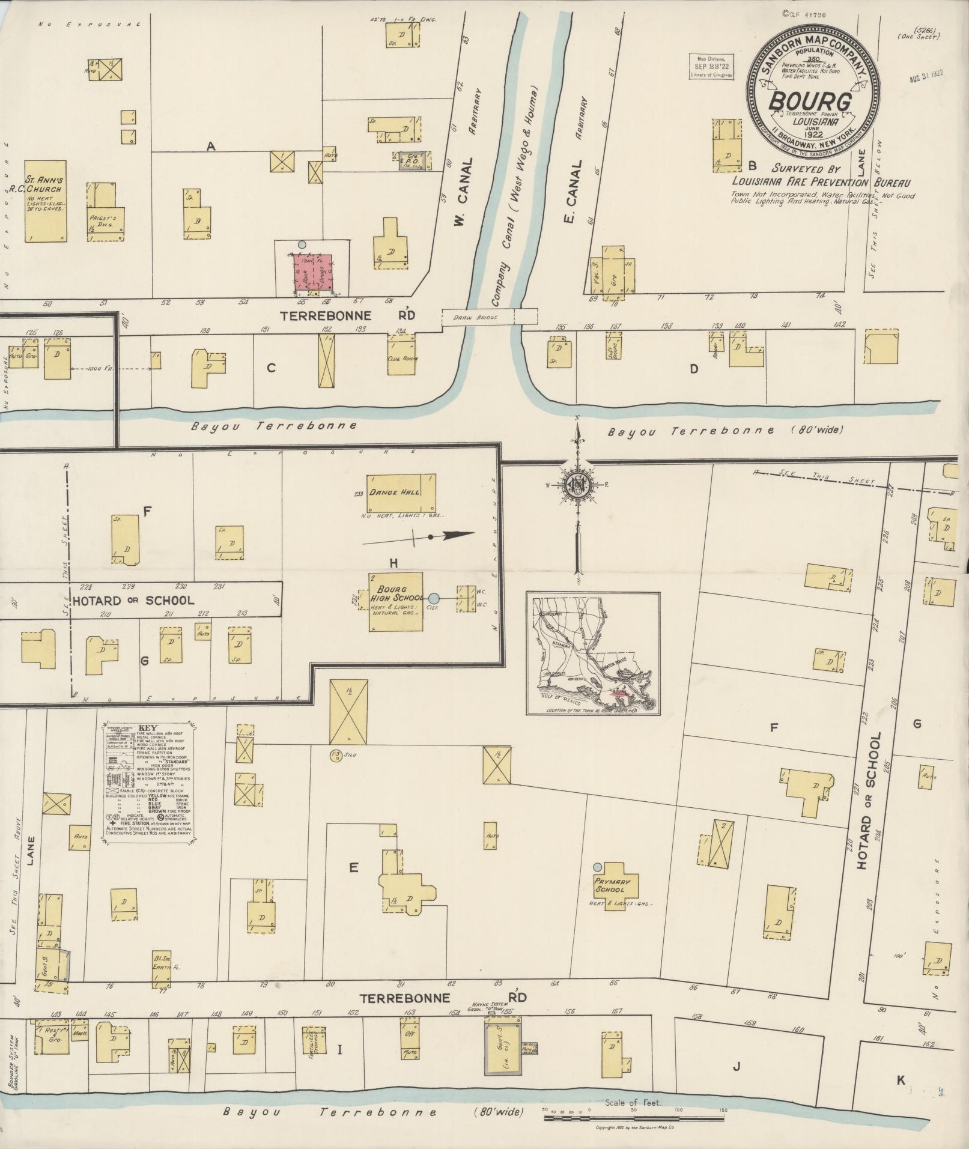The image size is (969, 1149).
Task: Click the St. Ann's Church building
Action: point(45,201)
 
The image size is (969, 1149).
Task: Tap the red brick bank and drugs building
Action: point(312,273)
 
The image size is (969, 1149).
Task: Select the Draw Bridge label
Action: point(484,317)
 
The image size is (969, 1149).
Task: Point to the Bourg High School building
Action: point(395,601)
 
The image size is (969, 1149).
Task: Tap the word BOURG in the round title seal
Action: point(811,102)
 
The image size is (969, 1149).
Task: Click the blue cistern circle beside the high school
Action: point(434,598)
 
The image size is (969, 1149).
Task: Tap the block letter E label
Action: point(353,867)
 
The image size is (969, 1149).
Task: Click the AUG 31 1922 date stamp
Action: point(926,76)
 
